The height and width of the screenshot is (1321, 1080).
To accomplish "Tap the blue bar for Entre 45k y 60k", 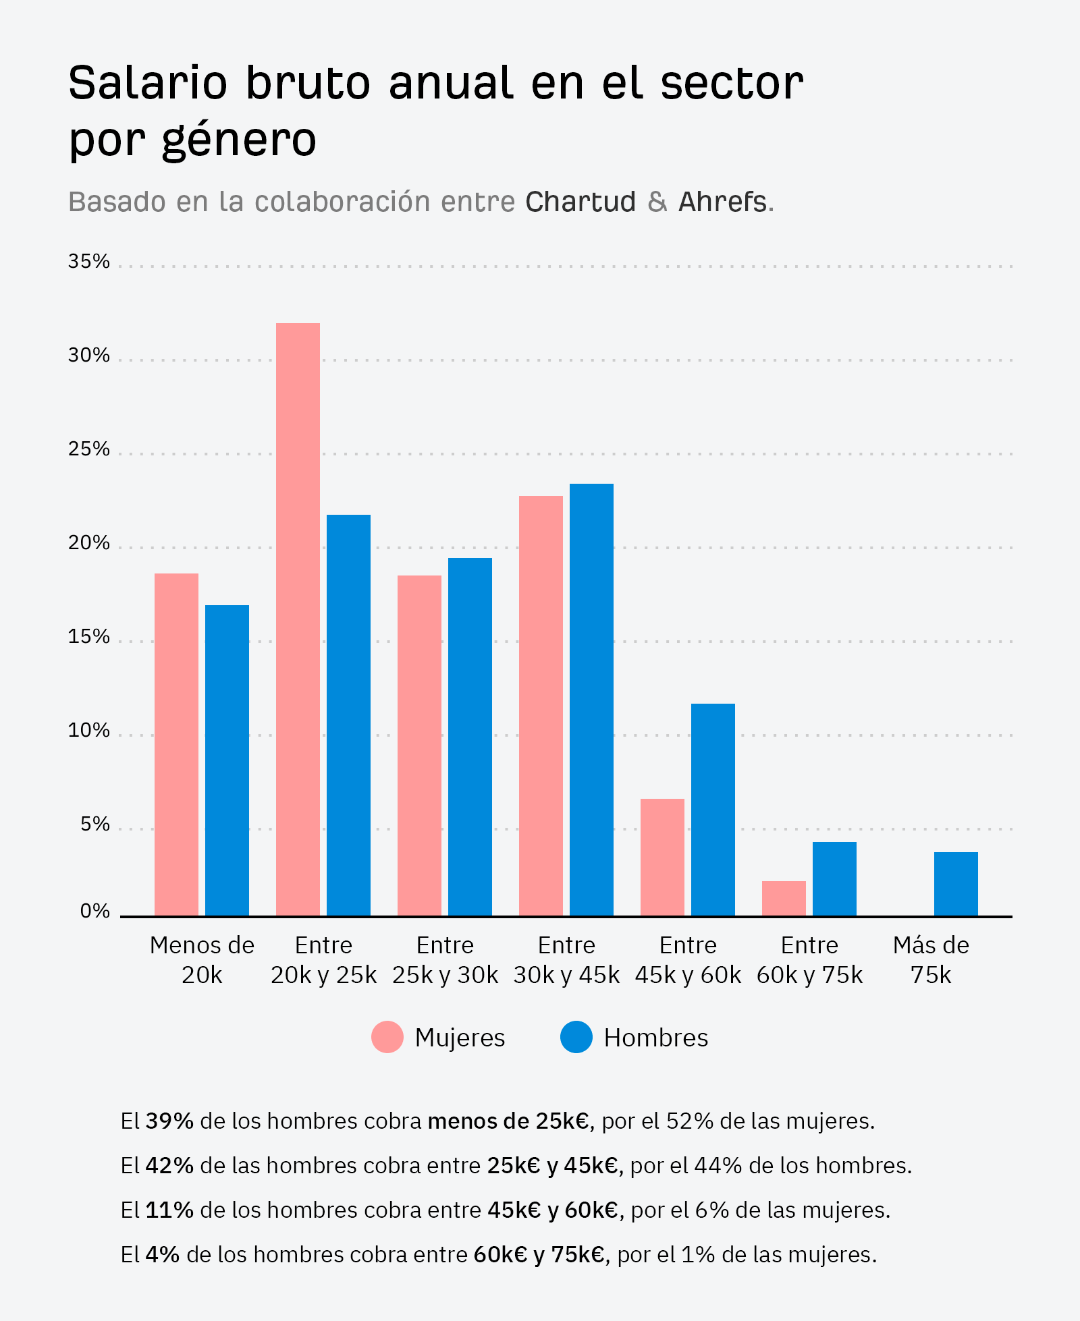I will pos(713,810).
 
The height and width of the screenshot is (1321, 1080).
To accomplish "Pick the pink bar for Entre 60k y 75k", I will pos(784,899).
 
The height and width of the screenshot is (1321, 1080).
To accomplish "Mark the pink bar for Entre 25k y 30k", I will pos(419,746).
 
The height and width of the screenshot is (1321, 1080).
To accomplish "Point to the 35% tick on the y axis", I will pos(88,261).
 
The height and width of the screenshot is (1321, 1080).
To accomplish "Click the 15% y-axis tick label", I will pos(88,636).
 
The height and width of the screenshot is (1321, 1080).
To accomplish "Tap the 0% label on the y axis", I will pos(94,911).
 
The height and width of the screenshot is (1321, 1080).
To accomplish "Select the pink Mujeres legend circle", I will pos(387,1037).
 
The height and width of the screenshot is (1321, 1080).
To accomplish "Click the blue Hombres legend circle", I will pos(576,1037).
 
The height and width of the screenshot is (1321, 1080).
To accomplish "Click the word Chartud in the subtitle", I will pos(580,202).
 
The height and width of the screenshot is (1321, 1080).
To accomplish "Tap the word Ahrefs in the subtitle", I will pos(722,202).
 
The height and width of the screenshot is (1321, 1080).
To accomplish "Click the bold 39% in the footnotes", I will pos(169,1121).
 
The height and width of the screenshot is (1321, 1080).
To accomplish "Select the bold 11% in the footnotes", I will pos(169,1210).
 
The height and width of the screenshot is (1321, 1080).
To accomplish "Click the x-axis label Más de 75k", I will pos(931,960).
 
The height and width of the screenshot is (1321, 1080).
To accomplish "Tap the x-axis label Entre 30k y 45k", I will pos(566,960).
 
